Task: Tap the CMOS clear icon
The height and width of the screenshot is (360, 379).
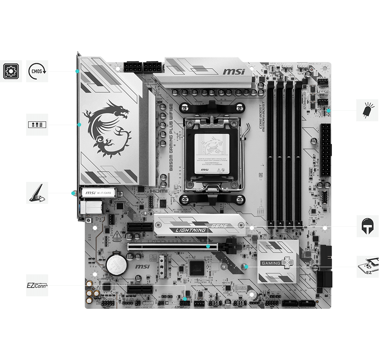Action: click(x=37, y=71)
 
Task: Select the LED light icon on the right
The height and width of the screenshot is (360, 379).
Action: click(x=367, y=110)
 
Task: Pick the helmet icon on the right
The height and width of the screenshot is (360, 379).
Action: click(x=367, y=226)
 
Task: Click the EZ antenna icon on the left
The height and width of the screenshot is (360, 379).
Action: click(x=37, y=193)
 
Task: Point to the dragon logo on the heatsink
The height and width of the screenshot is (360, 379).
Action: click(x=106, y=127)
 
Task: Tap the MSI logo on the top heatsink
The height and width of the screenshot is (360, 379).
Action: click(x=233, y=71)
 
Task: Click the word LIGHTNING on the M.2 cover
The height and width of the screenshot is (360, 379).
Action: click(x=188, y=230)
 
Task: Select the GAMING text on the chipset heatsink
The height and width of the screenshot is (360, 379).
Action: click(x=269, y=263)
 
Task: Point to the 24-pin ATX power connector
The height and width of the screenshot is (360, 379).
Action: click(x=325, y=150)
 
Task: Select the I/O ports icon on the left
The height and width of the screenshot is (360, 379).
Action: click(x=37, y=124)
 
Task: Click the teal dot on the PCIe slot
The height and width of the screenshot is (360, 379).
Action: click(x=208, y=247)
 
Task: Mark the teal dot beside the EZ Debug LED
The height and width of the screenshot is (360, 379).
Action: click(x=328, y=111)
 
